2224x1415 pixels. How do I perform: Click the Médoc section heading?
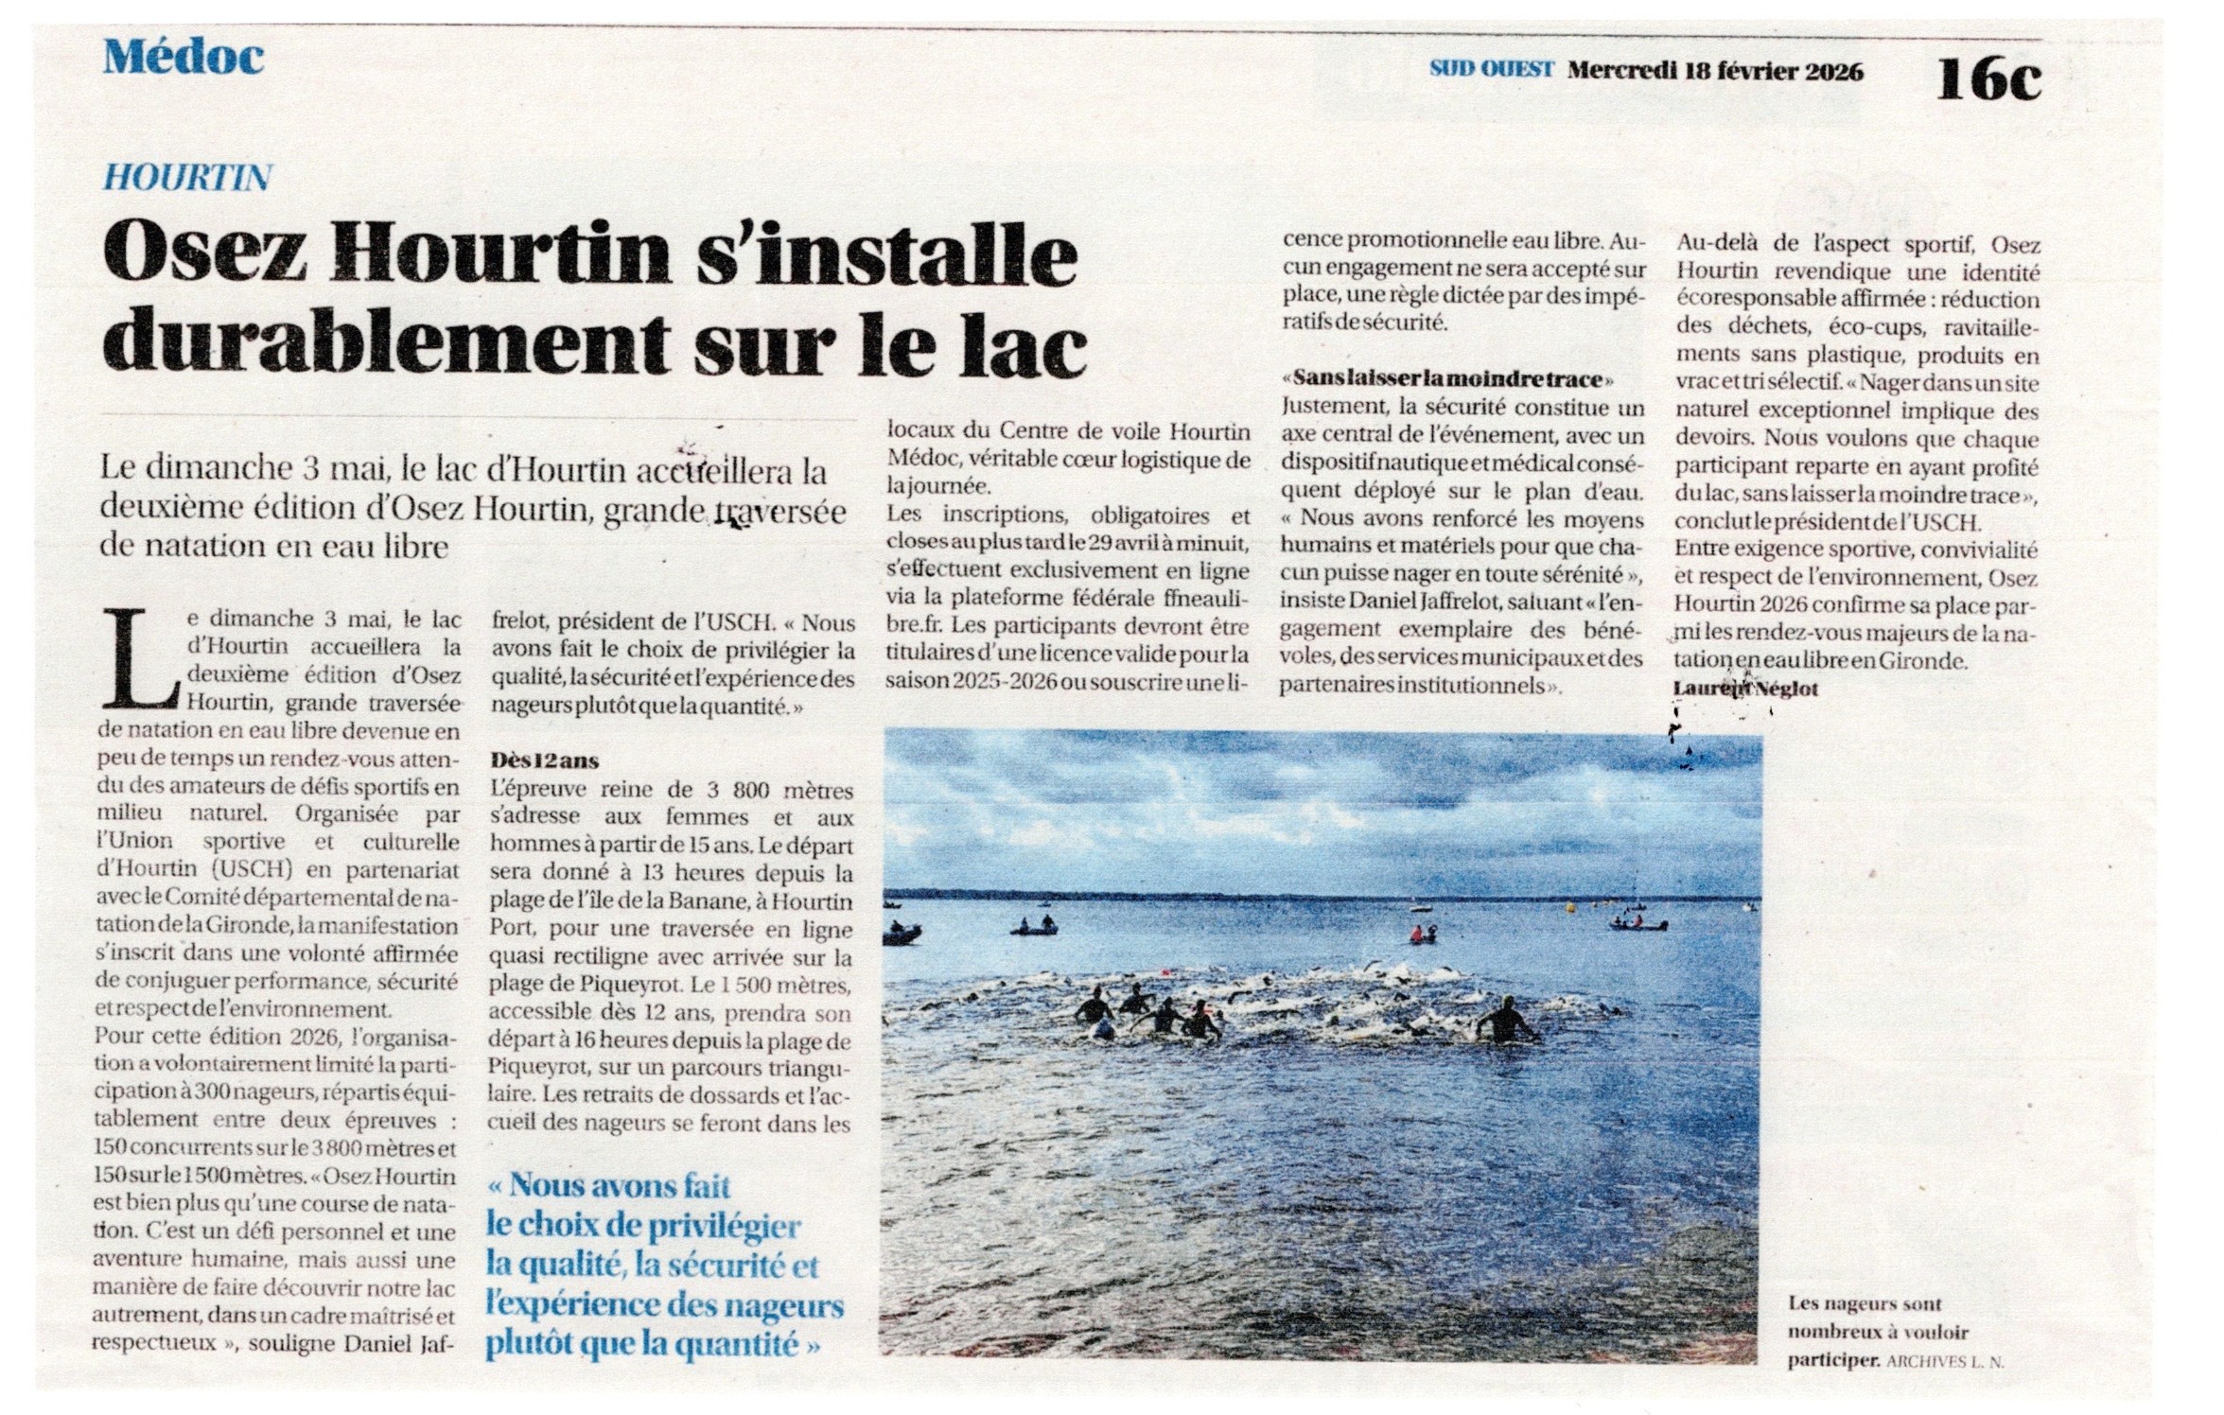pos(184,59)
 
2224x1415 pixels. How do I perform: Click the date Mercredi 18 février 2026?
pos(1715,71)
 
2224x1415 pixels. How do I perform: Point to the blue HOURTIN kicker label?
pos(187,177)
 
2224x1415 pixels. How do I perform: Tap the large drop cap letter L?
pos(141,658)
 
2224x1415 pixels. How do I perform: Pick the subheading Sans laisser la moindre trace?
pos(1447,379)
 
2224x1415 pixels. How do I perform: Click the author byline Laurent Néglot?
pos(1745,689)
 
